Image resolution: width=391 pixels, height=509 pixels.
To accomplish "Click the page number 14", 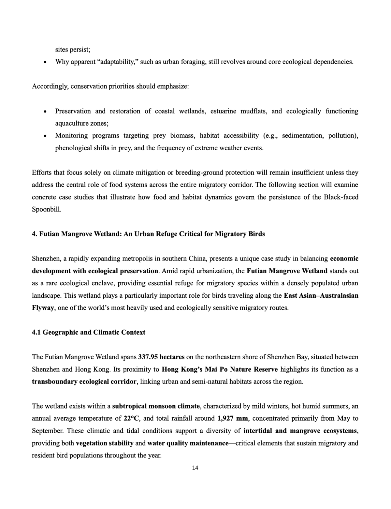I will [195, 468].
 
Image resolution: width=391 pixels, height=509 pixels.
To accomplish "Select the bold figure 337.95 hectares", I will [161, 357].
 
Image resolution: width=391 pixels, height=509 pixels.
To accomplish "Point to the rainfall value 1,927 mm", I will [233, 418].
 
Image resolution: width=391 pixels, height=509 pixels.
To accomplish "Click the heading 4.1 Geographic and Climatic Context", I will [89, 332].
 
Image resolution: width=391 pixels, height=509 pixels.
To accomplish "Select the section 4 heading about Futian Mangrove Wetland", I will [148, 234].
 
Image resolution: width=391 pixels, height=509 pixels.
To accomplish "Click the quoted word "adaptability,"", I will [117, 62].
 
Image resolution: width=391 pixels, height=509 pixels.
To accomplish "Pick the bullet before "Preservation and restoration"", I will [45, 112].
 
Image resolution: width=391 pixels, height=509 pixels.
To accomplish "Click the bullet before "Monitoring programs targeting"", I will [45, 136].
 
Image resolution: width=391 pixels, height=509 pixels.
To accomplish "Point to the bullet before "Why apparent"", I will [45, 62].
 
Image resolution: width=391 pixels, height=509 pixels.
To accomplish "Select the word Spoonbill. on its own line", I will [46, 209].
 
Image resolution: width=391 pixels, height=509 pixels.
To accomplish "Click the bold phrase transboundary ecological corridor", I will [84, 382].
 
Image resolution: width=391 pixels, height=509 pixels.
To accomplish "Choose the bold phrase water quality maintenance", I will [188, 443].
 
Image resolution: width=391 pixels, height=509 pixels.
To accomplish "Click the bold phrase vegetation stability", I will [105, 443].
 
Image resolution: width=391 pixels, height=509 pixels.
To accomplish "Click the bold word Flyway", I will [43, 308].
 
